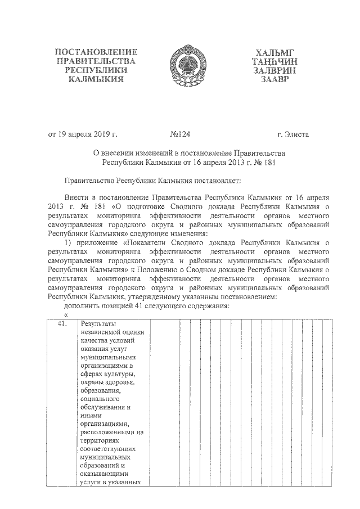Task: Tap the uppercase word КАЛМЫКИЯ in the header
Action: click(96, 79)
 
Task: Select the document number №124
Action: click(181, 134)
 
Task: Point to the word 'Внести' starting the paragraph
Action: click(76, 199)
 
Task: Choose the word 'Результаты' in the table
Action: click(98, 323)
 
